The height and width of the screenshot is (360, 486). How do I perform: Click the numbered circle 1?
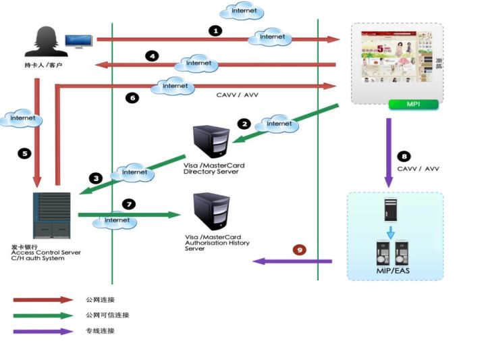215,30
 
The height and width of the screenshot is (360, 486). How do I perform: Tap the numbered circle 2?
244,124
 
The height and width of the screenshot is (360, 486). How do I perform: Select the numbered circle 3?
97,178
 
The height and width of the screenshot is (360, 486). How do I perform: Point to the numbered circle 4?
153,56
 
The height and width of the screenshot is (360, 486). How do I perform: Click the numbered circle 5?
25,153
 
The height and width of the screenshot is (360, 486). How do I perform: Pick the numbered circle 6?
132,98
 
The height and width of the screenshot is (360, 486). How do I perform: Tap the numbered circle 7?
129,203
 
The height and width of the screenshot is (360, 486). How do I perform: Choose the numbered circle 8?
404,155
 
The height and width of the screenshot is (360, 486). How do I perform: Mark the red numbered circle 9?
299,249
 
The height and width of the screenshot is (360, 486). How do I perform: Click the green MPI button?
413,104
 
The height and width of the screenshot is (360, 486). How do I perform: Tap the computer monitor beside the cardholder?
78,41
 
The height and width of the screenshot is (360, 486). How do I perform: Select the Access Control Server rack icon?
51,215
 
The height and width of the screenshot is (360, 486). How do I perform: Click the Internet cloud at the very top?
242,11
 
